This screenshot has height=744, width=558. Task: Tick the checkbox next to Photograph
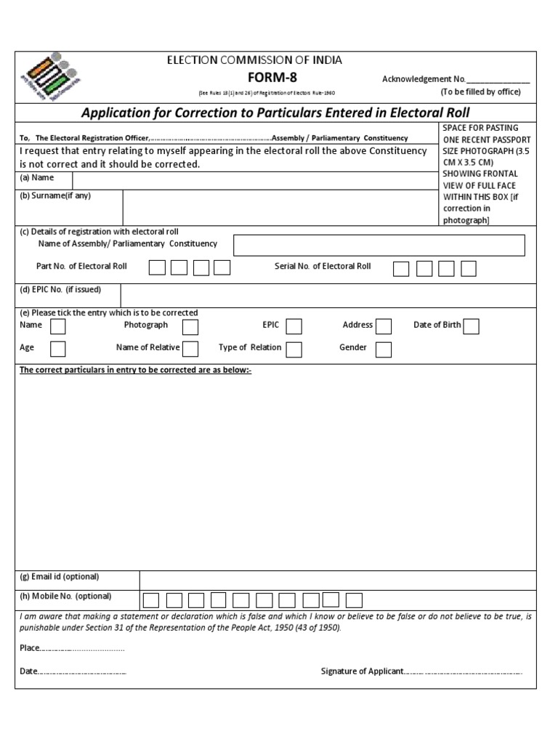click(190, 326)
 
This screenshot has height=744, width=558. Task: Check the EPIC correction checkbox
click(294, 326)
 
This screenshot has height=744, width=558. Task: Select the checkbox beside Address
click(384, 326)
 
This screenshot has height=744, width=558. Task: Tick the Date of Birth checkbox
click(471, 326)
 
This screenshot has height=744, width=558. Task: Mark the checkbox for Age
click(57, 349)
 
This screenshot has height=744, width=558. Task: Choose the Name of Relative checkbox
click(190, 349)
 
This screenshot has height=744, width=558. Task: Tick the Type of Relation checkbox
click(294, 349)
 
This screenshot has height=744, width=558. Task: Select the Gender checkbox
click(384, 349)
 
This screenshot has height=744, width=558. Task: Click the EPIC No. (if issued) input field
click(327, 295)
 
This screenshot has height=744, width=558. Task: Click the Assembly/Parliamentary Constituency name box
click(379, 246)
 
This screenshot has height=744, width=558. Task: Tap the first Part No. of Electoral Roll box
click(156, 268)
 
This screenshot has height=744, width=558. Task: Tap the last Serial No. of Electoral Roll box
click(469, 269)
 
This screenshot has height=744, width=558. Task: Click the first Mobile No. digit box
click(150, 600)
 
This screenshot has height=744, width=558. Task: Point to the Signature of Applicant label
click(362, 671)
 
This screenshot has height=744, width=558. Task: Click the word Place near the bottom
click(30, 647)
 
